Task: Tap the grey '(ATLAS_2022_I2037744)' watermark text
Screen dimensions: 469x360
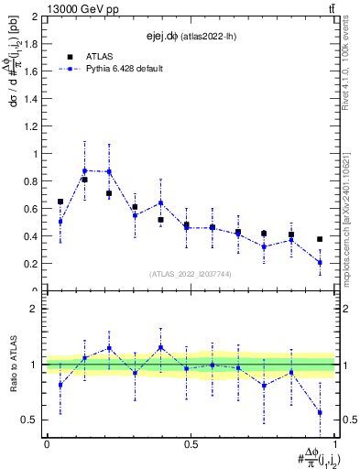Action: (190, 274)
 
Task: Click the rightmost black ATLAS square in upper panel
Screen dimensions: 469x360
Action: (320, 239)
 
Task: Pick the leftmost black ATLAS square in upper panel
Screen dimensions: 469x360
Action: (60, 202)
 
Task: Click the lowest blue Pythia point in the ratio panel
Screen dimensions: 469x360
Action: (320, 412)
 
